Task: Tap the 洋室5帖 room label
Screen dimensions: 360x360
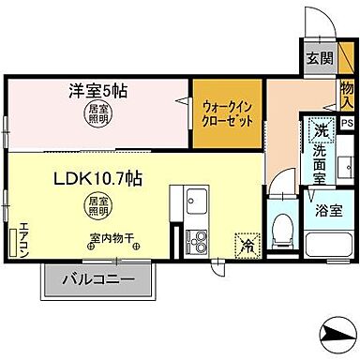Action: tap(97, 94)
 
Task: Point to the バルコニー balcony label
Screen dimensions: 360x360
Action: tap(97, 278)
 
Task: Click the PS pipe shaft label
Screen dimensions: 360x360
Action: tap(347, 123)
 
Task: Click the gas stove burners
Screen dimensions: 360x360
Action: tap(199, 236)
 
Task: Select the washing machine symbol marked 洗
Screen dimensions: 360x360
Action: tap(322, 130)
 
